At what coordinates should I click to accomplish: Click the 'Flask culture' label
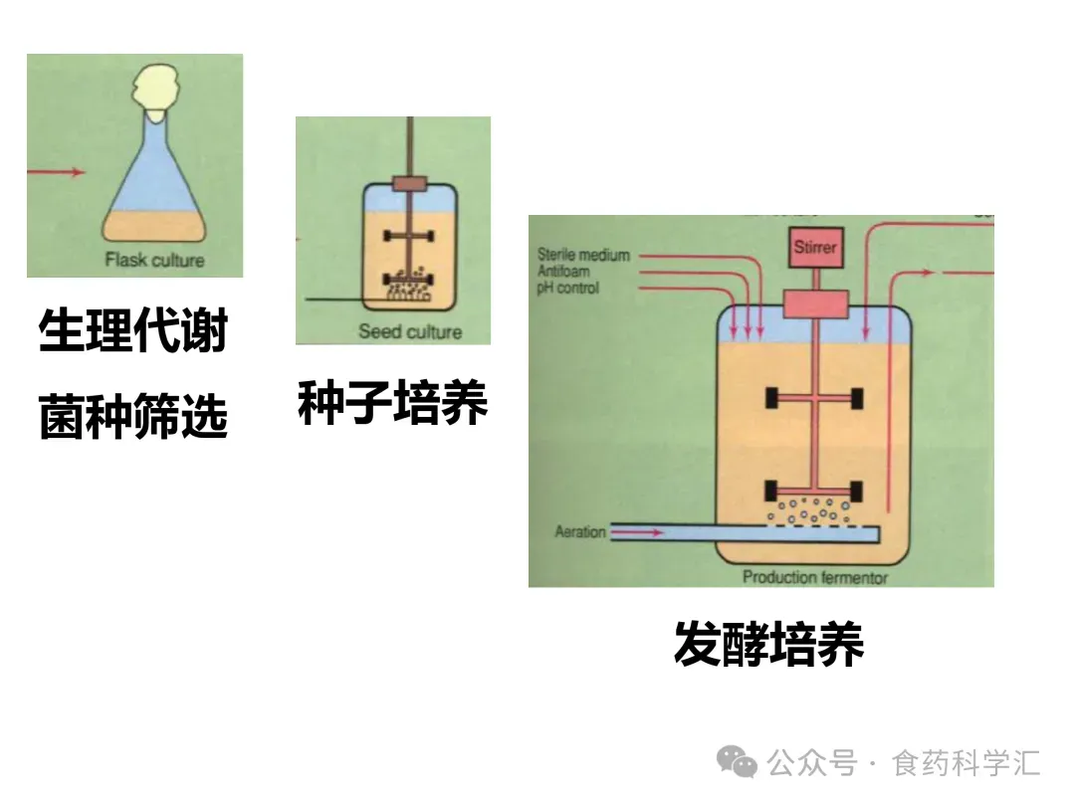pyautogui.click(x=154, y=261)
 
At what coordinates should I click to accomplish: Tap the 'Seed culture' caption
pyautogui.click(x=410, y=331)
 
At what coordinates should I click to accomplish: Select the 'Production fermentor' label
pyautogui.click(x=815, y=577)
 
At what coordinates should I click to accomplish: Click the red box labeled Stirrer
pyautogui.click(x=815, y=248)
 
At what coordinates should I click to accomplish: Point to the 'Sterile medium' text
pyautogui.click(x=583, y=255)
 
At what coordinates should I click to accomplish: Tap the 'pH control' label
pyautogui.click(x=568, y=289)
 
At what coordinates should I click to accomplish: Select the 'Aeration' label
pyautogui.click(x=579, y=532)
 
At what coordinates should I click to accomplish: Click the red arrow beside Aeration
pyautogui.click(x=637, y=532)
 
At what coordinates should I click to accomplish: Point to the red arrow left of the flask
pyautogui.click(x=57, y=172)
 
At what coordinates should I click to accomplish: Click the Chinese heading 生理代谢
pyautogui.click(x=133, y=331)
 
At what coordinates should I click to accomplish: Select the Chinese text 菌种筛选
pyautogui.click(x=133, y=416)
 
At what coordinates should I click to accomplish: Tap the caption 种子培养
pyautogui.click(x=392, y=404)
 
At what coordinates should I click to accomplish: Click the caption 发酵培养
pyautogui.click(x=768, y=643)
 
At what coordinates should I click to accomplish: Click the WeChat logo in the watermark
pyautogui.click(x=738, y=763)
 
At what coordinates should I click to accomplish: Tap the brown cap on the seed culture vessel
pyautogui.click(x=409, y=184)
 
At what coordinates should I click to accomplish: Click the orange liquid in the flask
pyautogui.click(x=156, y=228)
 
